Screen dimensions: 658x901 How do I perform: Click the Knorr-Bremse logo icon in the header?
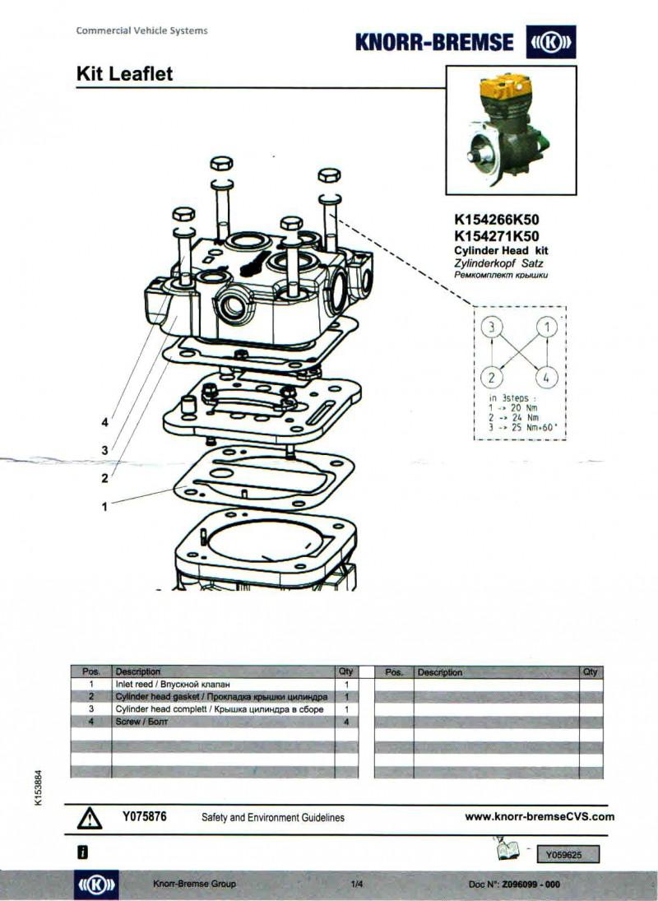[x=550, y=41]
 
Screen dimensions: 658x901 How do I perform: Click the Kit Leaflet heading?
[x=124, y=73]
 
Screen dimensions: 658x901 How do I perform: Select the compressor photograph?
[x=511, y=130]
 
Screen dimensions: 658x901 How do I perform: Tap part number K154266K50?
[x=497, y=220]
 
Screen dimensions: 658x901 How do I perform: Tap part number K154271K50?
[x=497, y=235]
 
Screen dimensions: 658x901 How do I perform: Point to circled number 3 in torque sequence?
[x=492, y=327]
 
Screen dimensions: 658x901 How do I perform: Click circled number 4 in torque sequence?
[x=546, y=378]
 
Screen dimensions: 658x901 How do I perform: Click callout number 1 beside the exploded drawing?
[x=104, y=507]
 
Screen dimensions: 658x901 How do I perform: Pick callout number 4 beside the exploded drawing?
[x=104, y=422]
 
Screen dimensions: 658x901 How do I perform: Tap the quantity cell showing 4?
[x=346, y=722]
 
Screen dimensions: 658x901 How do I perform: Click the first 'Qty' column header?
[x=345, y=671]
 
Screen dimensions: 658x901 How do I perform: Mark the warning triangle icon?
[x=90, y=818]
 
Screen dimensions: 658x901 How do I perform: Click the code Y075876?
[x=144, y=816]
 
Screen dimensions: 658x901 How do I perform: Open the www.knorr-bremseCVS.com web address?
[x=540, y=816]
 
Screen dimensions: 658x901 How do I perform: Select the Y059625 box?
[x=568, y=854]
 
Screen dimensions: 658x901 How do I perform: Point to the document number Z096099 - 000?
[x=531, y=885]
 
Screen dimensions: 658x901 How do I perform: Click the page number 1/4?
[x=357, y=885]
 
